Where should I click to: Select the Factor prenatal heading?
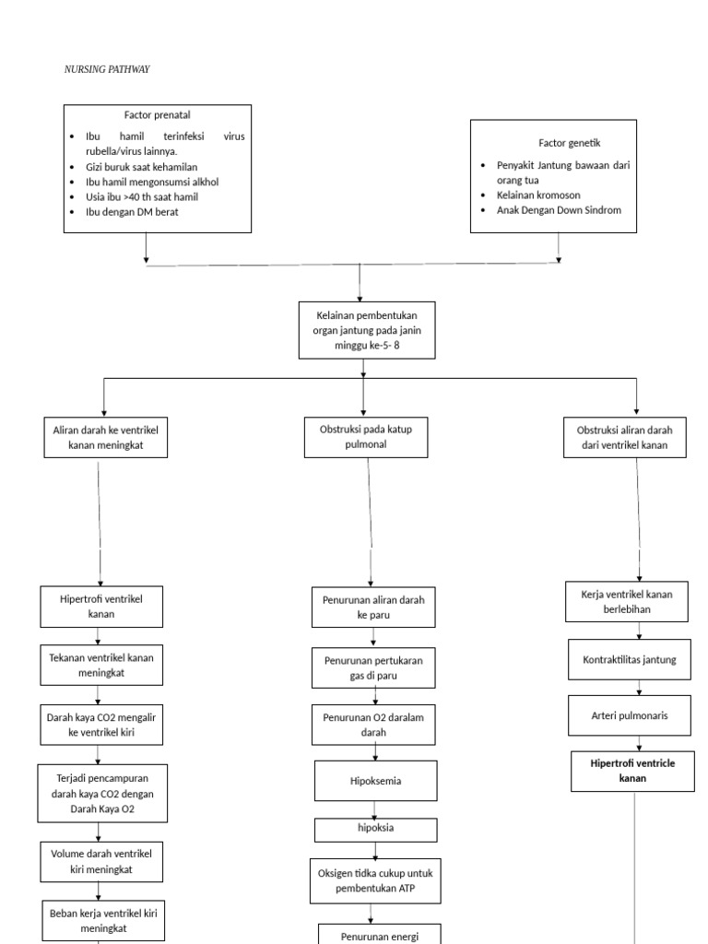click(x=158, y=115)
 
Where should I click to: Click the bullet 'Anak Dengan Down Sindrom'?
click(x=559, y=210)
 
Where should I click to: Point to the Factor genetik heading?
click(x=569, y=143)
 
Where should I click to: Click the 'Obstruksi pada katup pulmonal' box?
click(x=366, y=437)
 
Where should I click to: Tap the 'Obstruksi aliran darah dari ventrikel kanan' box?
click(x=624, y=438)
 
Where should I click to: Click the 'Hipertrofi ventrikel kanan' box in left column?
click(x=100, y=606)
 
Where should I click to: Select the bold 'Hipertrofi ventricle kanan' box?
click(x=632, y=771)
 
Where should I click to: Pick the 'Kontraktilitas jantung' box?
click(x=630, y=660)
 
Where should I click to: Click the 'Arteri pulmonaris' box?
click(x=630, y=715)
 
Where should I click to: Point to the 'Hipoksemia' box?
click(x=375, y=781)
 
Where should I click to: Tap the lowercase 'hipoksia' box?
click(x=375, y=829)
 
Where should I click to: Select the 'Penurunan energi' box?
click(x=379, y=935)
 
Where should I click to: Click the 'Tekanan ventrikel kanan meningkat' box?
click(x=100, y=665)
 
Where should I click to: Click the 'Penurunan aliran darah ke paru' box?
click(x=372, y=607)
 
